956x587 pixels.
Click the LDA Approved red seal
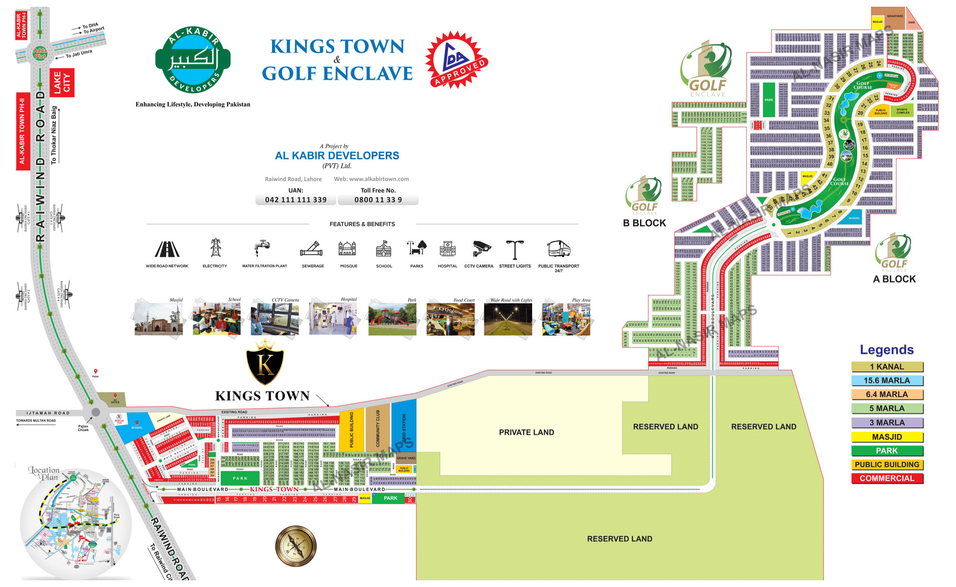pyautogui.click(x=457, y=60)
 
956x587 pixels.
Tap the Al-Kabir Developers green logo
pyautogui.click(x=193, y=60)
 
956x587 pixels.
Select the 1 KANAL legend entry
pyautogui.click(x=887, y=367)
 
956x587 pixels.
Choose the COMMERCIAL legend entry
pyautogui.click(x=887, y=478)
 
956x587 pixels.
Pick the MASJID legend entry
pyautogui.click(x=887, y=437)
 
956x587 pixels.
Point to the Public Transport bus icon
pyautogui.click(x=558, y=249)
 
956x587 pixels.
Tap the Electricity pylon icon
pyautogui.click(x=216, y=248)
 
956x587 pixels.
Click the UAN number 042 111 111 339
pyautogui.click(x=296, y=200)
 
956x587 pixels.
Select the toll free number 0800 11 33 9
pyautogui.click(x=378, y=200)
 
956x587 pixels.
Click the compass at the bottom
pyautogui.click(x=296, y=546)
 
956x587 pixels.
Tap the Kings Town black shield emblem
pyautogui.click(x=265, y=363)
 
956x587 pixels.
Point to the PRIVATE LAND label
pyautogui.click(x=526, y=433)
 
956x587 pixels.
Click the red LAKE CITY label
pyautogui.click(x=62, y=83)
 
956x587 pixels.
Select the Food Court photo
pyautogui.click(x=450, y=319)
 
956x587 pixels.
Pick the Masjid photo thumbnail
pyautogui.click(x=159, y=319)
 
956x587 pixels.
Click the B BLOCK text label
pyautogui.click(x=644, y=223)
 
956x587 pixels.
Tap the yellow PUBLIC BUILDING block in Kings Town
pyautogui.click(x=352, y=430)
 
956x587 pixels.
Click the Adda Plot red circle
pyautogui.click(x=40, y=53)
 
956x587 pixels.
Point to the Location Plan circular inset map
pyautogui.click(x=76, y=524)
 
